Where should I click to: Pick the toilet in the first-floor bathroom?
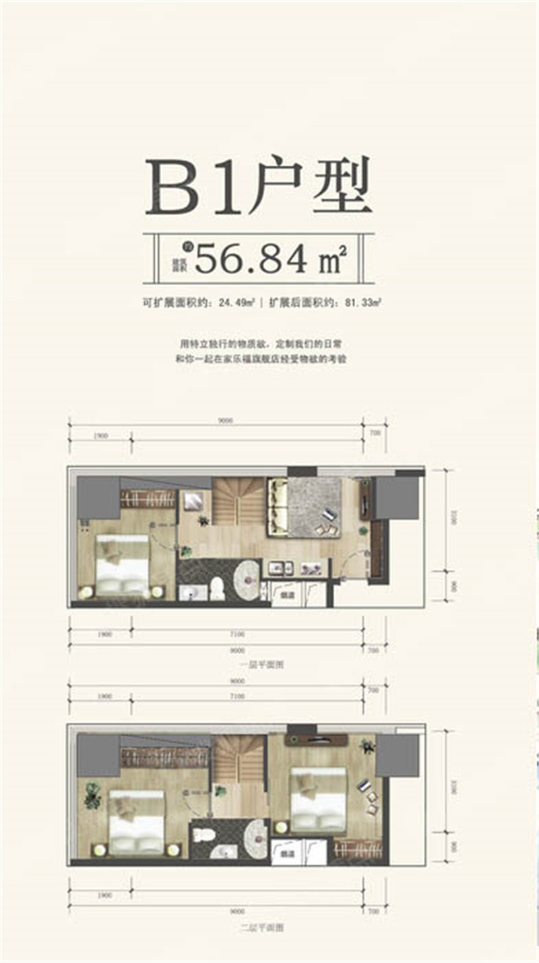coord(217,589)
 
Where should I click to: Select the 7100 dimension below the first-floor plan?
coord(246,634)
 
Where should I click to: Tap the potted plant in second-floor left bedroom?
coord(92,796)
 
